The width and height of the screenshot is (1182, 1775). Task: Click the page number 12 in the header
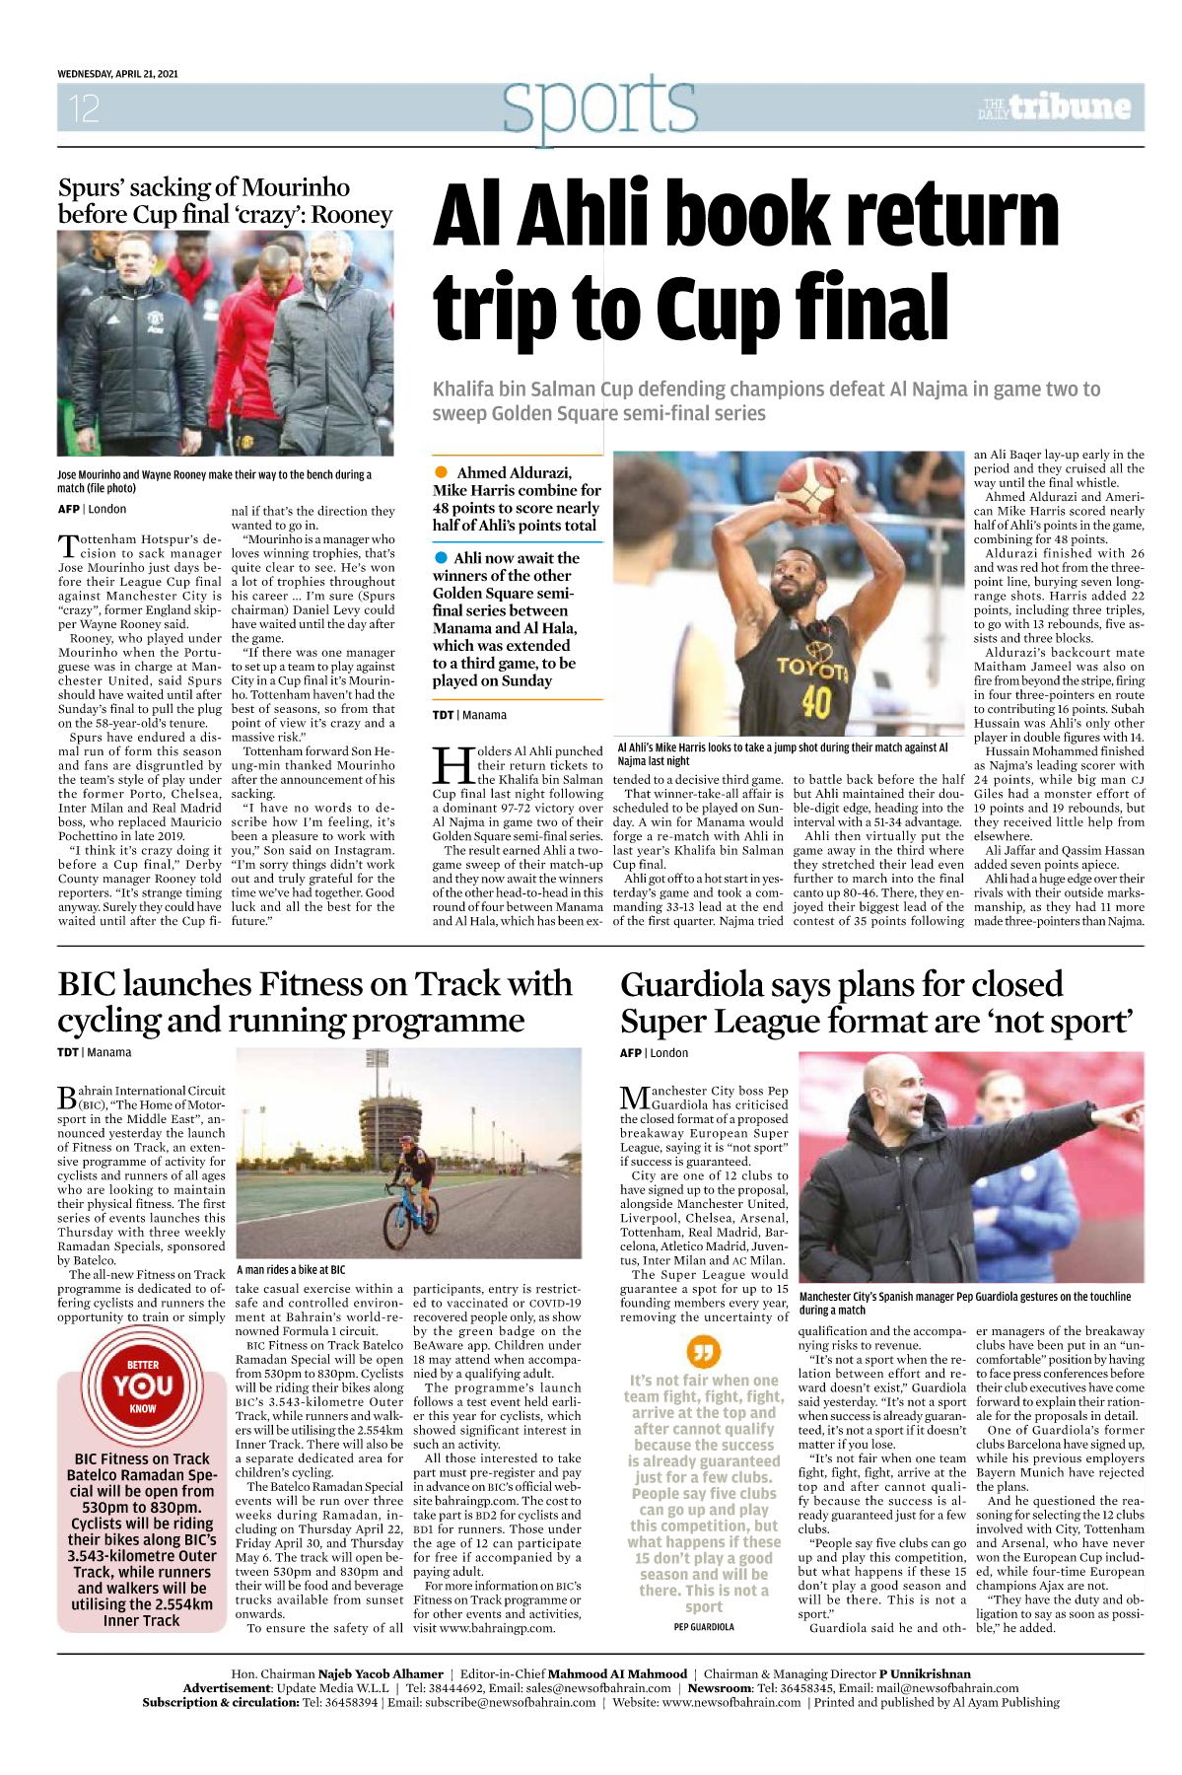click(84, 107)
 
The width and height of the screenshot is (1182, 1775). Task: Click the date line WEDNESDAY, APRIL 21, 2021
click(117, 74)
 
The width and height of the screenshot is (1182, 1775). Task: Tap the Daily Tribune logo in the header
click(1055, 107)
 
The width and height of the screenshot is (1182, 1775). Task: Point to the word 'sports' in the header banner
click(599, 106)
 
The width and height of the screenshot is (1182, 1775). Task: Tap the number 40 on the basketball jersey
click(816, 702)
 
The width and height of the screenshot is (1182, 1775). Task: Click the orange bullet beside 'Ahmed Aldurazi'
click(442, 472)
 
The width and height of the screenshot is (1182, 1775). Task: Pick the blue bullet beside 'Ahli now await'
click(442, 558)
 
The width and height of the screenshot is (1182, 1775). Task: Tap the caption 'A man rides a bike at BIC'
click(291, 1270)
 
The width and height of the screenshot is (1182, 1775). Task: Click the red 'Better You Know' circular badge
click(142, 1385)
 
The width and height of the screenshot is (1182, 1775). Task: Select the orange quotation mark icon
click(703, 1352)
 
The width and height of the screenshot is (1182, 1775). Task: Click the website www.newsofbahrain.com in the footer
click(731, 1702)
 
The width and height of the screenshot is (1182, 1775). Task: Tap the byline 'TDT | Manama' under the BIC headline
click(94, 1052)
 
